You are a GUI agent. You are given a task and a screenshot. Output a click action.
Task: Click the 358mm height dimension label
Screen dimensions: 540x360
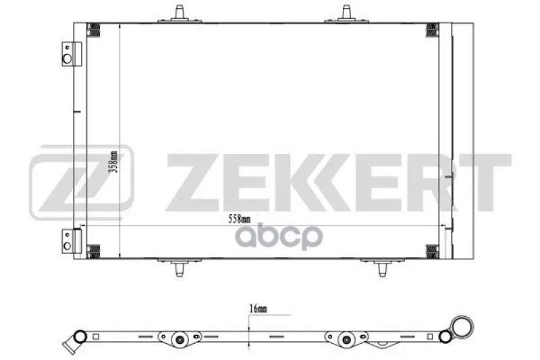[x=114, y=161]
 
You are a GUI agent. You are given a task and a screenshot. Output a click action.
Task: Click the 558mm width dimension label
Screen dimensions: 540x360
[x=240, y=219]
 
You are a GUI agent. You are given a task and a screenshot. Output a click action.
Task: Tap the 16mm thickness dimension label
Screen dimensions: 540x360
[x=258, y=309]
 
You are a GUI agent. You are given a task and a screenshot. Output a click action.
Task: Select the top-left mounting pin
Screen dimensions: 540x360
[x=180, y=14]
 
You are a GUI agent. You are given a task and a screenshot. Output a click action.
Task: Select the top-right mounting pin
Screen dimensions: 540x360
[x=346, y=14]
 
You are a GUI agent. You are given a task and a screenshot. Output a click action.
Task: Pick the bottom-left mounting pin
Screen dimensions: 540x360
[x=179, y=267]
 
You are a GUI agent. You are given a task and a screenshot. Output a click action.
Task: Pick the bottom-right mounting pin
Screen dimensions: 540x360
[x=382, y=267]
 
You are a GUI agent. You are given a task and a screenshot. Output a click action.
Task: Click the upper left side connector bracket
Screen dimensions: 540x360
[x=72, y=54]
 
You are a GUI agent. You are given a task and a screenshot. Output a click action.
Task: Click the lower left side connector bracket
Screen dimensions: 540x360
[x=72, y=241]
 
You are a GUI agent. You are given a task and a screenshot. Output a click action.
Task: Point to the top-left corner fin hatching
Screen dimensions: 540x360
[x=93, y=30]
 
